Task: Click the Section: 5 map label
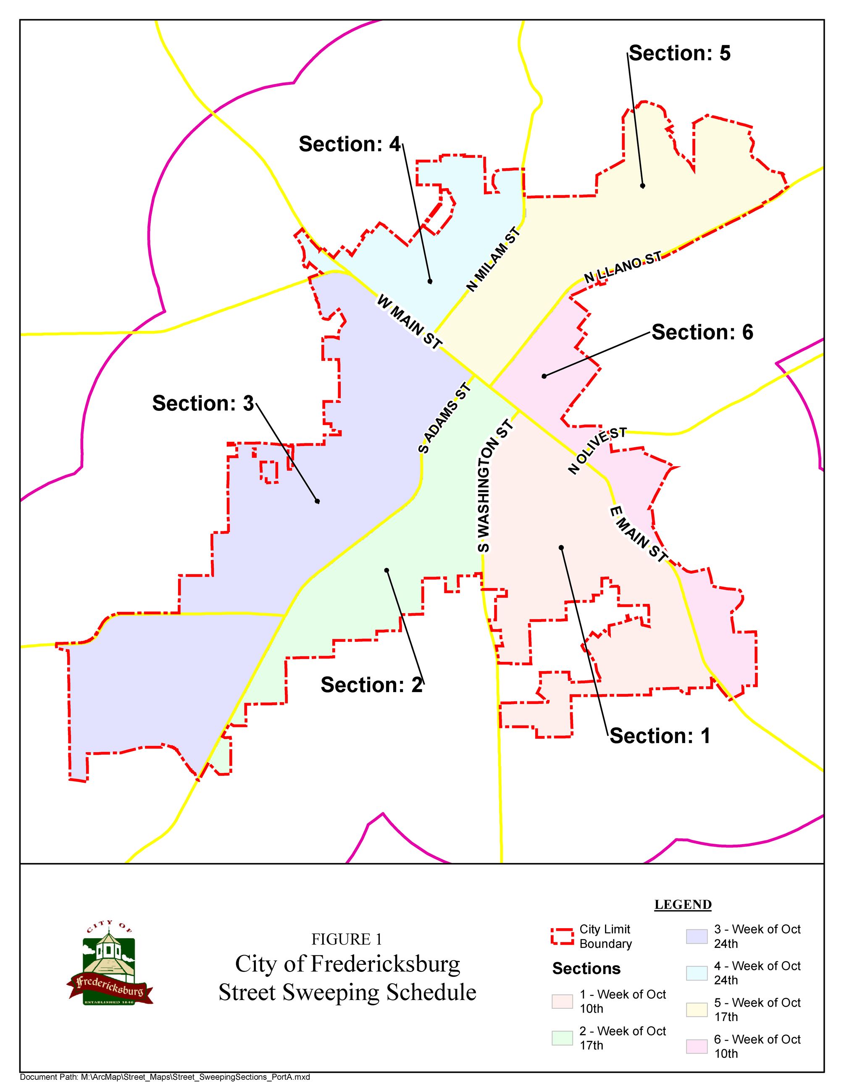point(679,53)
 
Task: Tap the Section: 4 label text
point(350,144)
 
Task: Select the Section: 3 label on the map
point(203,404)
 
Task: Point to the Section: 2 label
point(371,685)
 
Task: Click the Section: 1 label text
point(660,736)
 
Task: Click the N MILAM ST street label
point(494,260)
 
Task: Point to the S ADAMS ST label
point(444,418)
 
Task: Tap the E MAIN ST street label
point(638,534)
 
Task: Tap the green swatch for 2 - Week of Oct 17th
point(562,1038)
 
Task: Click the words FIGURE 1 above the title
point(347,940)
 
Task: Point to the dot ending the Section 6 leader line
point(544,376)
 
